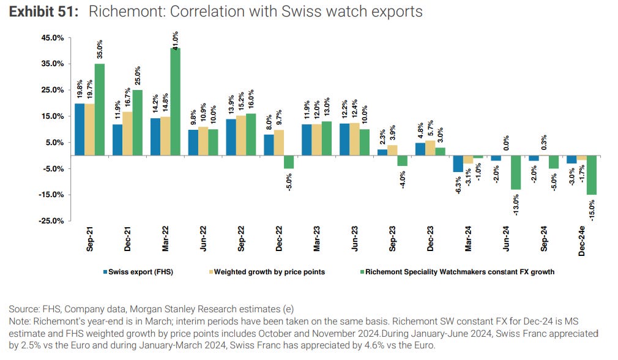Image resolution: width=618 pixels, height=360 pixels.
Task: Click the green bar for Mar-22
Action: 175,102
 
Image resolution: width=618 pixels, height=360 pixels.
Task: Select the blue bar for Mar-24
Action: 457,163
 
